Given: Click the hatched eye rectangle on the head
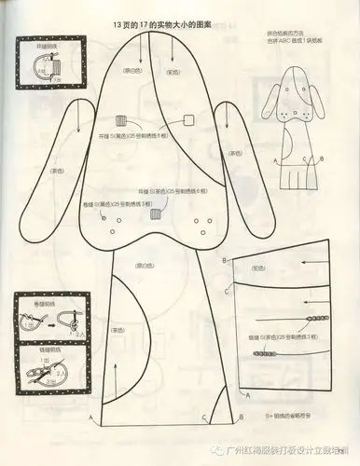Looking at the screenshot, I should (x=120, y=120).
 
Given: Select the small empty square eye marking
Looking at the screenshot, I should (x=187, y=119).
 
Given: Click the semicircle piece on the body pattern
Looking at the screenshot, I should (x=131, y=326).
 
